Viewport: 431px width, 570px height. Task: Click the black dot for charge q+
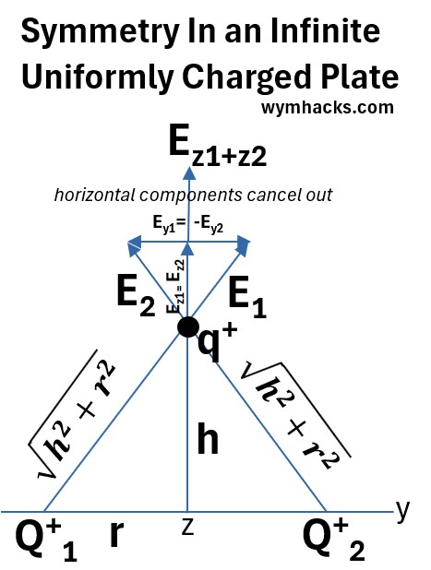[x=188, y=327]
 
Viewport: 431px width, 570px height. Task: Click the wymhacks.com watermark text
[x=328, y=108]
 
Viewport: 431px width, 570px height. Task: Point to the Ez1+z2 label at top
[x=218, y=146]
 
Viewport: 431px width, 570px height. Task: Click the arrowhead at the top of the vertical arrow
[x=189, y=172]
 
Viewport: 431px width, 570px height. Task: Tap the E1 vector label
[x=247, y=297]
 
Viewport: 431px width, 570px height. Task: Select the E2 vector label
[x=136, y=295]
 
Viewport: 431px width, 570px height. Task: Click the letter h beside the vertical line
[x=208, y=438]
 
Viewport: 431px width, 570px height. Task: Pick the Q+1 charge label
[x=46, y=540]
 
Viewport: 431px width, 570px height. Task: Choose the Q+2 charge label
[x=334, y=540]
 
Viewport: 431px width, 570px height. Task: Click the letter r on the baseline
[x=116, y=534]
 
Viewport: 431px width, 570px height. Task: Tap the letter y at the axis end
[x=402, y=511]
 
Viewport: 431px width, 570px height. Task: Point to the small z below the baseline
[x=187, y=528]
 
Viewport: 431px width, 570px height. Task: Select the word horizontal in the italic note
[x=94, y=195]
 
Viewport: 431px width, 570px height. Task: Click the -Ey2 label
[x=209, y=224]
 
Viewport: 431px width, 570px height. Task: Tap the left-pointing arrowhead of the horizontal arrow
[x=134, y=242]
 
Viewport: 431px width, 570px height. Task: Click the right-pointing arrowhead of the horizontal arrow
[x=244, y=242]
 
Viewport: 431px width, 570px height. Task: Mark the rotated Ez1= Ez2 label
[x=175, y=286]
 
